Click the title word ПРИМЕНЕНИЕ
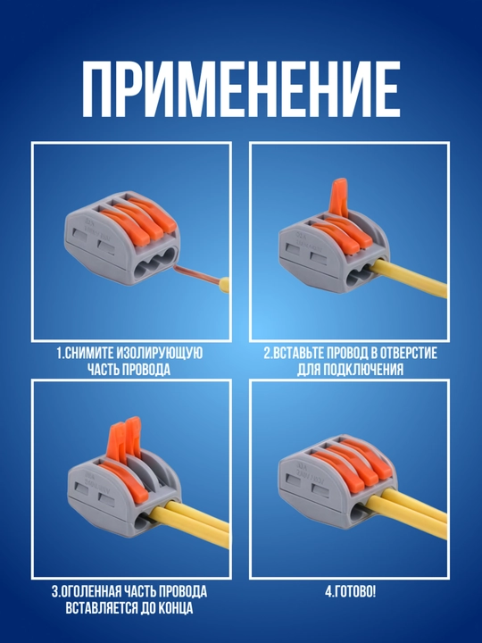[x=241, y=89]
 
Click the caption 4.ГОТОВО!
[x=350, y=592]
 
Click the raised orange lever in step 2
[x=339, y=197]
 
